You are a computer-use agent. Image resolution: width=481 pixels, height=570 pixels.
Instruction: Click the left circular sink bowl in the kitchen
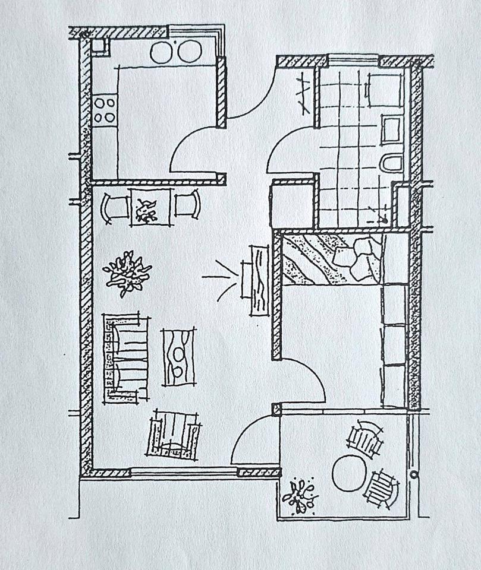coord(161,52)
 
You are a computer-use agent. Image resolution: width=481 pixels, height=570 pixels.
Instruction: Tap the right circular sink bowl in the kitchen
coord(188,52)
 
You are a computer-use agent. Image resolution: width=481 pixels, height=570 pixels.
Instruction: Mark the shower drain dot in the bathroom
coord(385,221)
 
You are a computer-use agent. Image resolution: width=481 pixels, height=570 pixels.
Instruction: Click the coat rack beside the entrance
coord(303,93)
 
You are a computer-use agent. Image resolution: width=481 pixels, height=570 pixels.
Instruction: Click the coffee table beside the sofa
coord(178,357)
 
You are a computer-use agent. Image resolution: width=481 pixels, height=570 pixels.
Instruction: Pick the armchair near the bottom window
coord(174,435)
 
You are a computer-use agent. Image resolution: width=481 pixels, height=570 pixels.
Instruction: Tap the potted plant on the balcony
coord(300,495)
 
